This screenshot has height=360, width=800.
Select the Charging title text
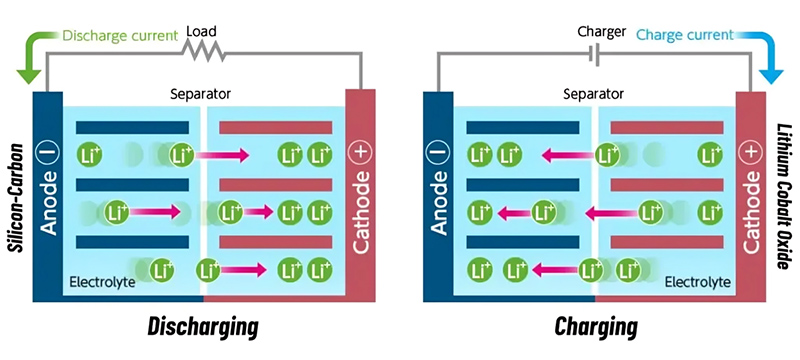coord(597,326)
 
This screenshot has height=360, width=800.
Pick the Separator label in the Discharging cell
coord(200,94)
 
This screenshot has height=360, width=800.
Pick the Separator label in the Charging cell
coord(592,94)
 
